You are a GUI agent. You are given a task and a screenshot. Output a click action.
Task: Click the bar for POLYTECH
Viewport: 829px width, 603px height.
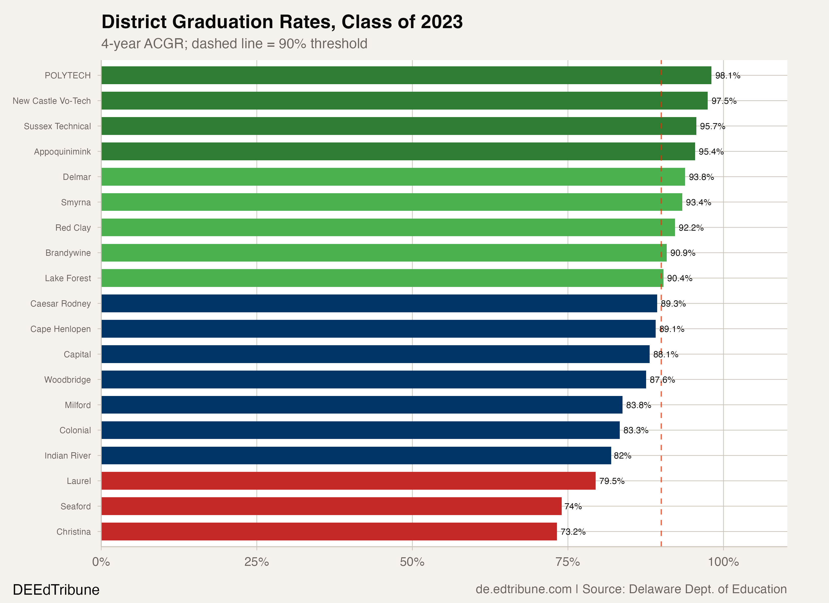[x=406, y=75]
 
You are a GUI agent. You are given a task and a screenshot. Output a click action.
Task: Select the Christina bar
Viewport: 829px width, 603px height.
[x=329, y=531]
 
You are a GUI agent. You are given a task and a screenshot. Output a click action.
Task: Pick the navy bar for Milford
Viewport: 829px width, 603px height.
[x=361, y=405]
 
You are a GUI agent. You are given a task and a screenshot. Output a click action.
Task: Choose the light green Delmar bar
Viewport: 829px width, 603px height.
[x=393, y=177]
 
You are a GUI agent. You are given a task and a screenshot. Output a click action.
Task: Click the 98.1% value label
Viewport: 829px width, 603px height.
[x=728, y=76]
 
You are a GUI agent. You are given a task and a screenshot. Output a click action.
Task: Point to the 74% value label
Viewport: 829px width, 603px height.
[x=573, y=507]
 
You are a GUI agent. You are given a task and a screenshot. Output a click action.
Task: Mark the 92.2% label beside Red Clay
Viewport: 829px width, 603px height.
[x=691, y=228]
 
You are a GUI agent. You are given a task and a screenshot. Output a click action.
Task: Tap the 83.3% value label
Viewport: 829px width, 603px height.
[x=636, y=430]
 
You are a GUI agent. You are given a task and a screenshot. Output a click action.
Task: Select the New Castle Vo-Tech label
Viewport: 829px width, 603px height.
[x=51, y=101]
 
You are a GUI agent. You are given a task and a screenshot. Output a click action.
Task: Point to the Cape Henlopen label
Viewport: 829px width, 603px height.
[x=60, y=329]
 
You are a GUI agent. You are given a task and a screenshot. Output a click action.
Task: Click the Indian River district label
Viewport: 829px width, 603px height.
[x=68, y=456]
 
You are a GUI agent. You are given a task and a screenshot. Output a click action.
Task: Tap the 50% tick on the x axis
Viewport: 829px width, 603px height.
[x=412, y=562]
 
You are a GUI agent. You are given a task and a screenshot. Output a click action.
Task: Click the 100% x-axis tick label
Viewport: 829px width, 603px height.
[x=723, y=562]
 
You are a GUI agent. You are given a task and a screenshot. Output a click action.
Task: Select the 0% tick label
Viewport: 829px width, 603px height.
[x=101, y=562]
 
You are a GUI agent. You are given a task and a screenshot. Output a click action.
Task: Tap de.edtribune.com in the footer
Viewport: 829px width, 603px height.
[x=524, y=589]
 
